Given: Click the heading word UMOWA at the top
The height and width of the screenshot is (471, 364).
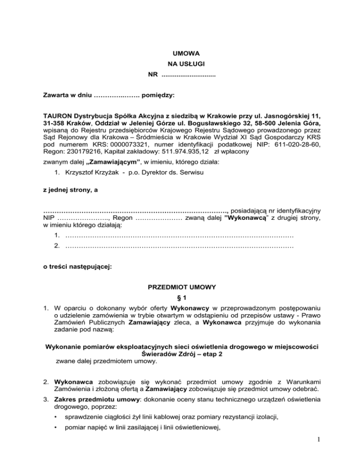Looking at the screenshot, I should pyautogui.click(x=182, y=54).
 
